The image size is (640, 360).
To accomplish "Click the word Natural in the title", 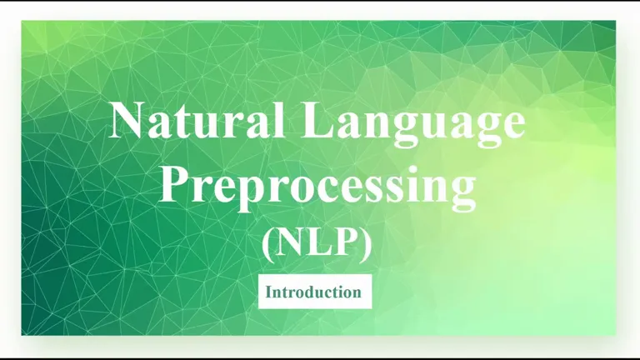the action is (197, 120).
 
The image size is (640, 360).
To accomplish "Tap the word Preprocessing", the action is (317, 188).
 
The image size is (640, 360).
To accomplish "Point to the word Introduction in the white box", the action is (313, 292).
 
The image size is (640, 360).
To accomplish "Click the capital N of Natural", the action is (127, 120).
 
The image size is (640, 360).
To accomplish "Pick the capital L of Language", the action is (319, 120).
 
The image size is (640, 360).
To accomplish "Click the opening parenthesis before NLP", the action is (268, 244).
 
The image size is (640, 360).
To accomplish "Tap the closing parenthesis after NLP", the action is (366, 244).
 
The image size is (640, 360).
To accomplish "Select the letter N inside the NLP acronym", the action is (292, 242).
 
